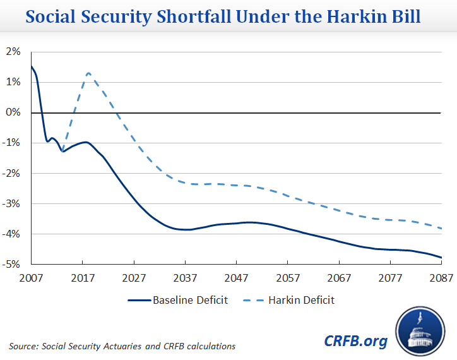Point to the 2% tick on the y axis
click(15, 52)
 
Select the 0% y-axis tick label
click(15, 112)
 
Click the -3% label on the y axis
click(13, 204)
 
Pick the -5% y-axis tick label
click(13, 265)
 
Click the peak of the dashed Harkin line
click(88, 73)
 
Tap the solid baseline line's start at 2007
click(32, 66)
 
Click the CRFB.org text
click(355, 341)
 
